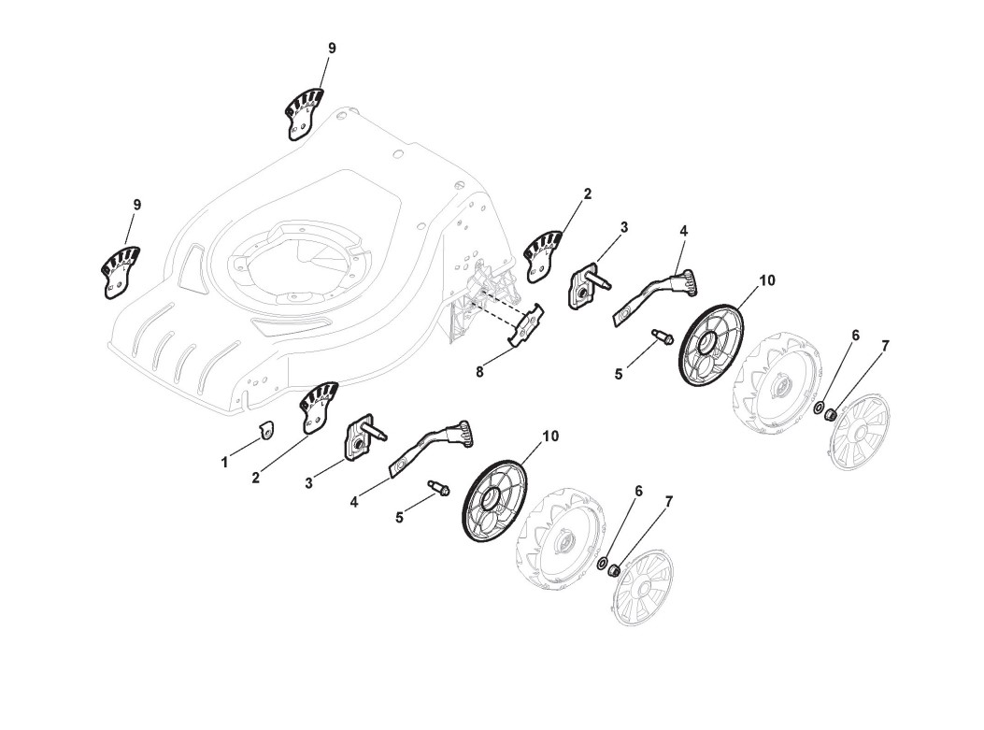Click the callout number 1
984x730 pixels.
point(224,462)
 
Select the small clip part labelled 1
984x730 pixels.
point(265,429)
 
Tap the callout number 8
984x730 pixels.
point(479,372)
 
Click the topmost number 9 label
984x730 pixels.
point(332,48)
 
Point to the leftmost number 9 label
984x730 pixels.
point(137,205)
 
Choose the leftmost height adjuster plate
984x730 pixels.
point(120,271)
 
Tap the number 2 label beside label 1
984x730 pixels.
point(255,478)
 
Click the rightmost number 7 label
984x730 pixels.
point(885,346)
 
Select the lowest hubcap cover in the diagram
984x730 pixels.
point(642,586)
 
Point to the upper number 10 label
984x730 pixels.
point(766,280)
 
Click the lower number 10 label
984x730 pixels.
point(550,437)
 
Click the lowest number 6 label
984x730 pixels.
point(638,491)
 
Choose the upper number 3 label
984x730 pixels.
point(623,227)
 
